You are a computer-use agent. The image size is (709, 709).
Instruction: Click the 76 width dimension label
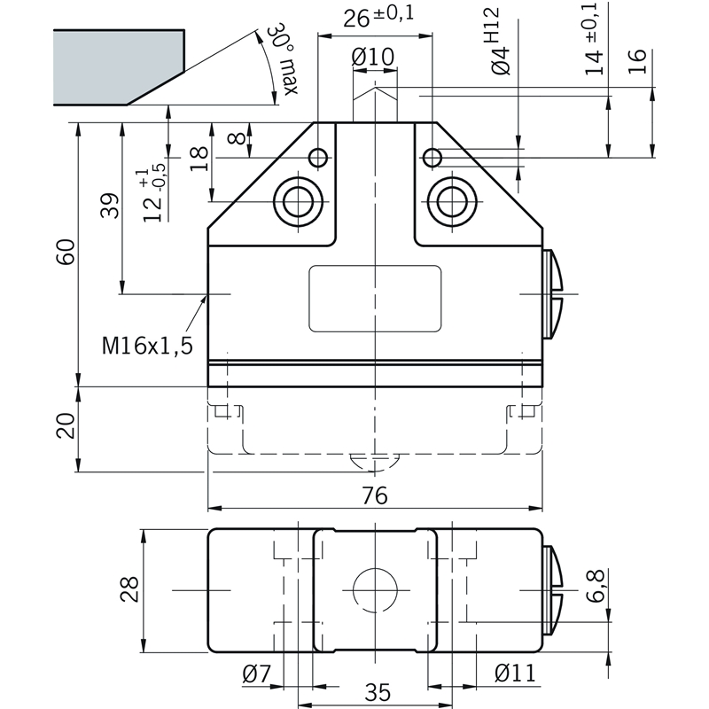[375, 495]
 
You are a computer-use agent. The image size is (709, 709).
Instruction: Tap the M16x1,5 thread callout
[147, 346]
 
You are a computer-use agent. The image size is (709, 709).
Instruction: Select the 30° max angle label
[284, 58]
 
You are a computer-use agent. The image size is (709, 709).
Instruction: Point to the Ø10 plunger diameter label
[373, 57]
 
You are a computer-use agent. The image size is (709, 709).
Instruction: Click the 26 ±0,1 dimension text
[378, 16]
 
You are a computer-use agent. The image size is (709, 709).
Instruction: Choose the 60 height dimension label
[66, 252]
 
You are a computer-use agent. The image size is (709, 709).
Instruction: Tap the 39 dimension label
[109, 206]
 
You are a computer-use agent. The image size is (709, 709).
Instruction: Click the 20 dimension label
[66, 425]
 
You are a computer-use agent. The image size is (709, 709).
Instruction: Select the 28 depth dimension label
[129, 588]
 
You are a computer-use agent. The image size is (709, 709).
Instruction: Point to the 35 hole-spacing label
[378, 692]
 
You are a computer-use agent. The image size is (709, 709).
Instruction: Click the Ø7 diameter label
[256, 674]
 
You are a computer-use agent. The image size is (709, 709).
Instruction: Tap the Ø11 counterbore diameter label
[516, 673]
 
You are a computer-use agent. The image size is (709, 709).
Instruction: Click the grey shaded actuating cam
[119, 67]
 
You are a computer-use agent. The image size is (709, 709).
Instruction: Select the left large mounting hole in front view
[299, 201]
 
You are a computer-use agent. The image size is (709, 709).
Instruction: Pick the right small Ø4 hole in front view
[432, 158]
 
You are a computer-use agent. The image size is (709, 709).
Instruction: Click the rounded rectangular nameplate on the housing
[375, 299]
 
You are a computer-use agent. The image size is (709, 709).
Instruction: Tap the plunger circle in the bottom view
[375, 590]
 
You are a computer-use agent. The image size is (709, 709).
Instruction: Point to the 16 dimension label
[636, 61]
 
